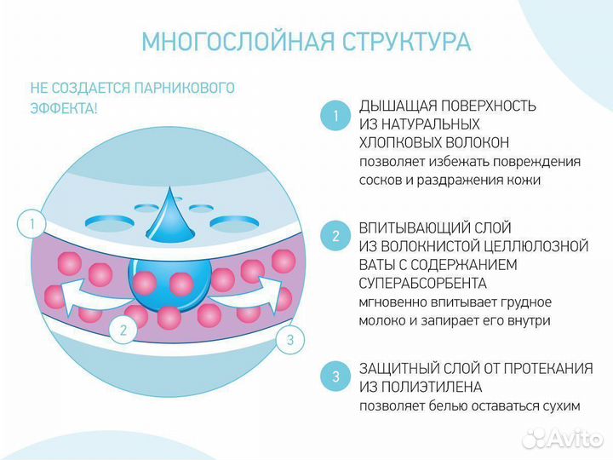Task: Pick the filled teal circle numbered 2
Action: click(335, 237)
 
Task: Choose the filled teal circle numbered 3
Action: click(335, 376)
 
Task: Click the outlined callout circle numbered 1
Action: click(32, 225)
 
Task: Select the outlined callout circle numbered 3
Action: click(289, 341)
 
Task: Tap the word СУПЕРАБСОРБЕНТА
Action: click(422, 283)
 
